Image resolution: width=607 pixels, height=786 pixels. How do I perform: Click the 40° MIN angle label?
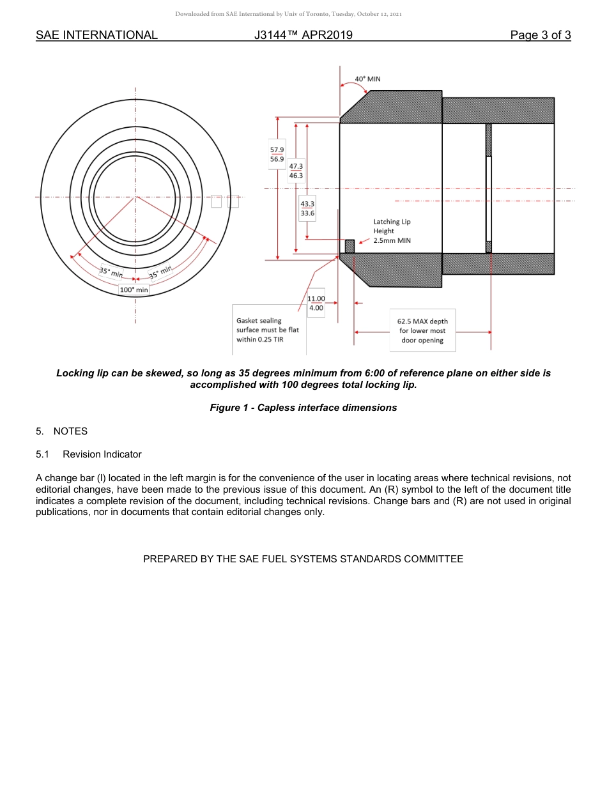[367, 79]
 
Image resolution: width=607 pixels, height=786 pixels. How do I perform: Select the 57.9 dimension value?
[277, 150]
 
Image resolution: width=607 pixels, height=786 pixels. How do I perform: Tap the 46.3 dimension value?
[296, 175]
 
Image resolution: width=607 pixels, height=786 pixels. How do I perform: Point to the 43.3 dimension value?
[307, 204]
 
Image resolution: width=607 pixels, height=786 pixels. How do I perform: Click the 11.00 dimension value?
[316, 298]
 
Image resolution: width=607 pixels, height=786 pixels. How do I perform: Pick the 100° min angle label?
[134, 289]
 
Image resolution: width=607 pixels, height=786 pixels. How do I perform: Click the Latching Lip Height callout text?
[392, 231]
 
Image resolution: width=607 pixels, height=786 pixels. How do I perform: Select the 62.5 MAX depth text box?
[422, 331]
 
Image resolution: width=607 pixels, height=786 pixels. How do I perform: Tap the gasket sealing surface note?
[267, 330]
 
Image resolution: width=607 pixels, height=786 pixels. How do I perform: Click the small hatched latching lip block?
[350, 246]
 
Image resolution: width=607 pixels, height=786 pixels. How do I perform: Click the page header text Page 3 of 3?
[540, 35]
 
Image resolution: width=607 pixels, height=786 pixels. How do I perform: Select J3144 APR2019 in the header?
[303, 35]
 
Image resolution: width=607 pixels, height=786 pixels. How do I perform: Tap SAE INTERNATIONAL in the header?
[96, 35]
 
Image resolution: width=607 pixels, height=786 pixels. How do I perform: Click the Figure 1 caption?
[303, 408]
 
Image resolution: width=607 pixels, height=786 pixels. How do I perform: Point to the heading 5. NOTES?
[61, 431]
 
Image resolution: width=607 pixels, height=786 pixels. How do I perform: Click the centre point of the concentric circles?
[135, 197]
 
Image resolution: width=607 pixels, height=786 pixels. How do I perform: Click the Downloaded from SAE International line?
[288, 14]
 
